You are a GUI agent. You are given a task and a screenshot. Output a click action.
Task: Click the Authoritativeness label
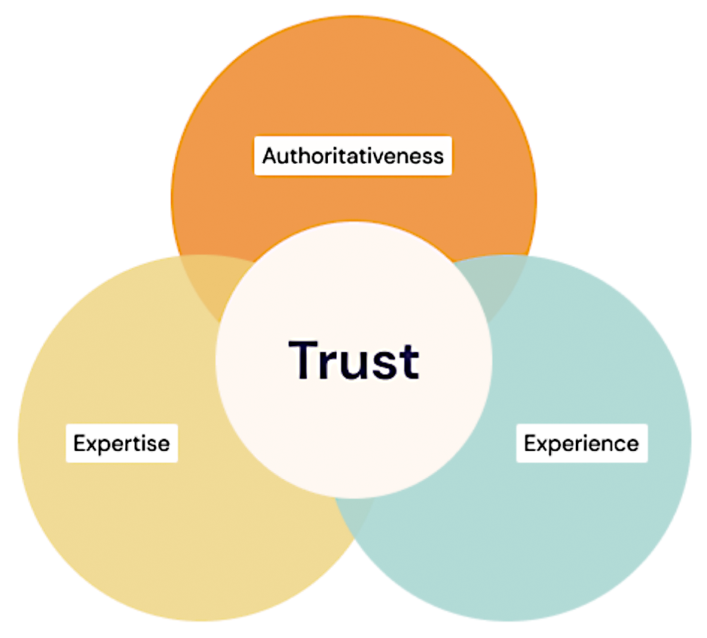(353, 156)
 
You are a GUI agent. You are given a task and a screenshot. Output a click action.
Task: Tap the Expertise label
(121, 443)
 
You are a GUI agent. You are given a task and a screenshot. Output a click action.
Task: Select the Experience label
(581, 443)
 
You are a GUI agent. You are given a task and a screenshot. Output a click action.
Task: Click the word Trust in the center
(353, 360)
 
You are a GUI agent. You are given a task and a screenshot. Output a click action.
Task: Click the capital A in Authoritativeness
(269, 156)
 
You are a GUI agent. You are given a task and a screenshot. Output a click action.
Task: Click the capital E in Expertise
(79, 443)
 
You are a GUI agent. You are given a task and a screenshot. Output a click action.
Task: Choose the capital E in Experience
(530, 443)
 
